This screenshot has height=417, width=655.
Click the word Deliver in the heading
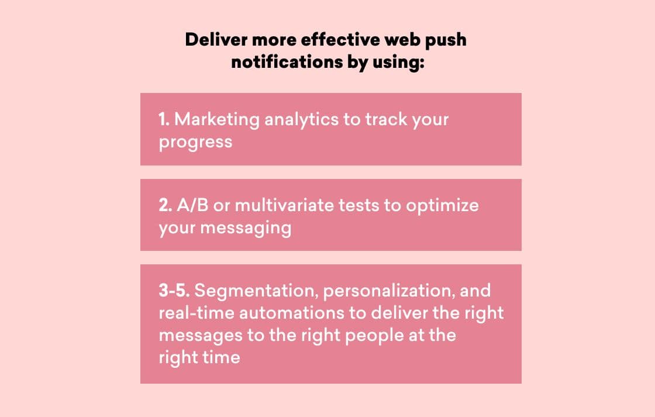(216, 40)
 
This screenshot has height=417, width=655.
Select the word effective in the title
(340, 40)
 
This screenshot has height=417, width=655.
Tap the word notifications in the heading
(287, 62)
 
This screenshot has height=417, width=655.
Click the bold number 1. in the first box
(164, 119)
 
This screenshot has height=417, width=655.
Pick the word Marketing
(217, 120)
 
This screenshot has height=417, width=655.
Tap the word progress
(195, 143)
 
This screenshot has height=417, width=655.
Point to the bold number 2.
(166, 205)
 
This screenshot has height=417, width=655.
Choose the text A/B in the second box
(192, 205)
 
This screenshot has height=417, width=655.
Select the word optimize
(442, 206)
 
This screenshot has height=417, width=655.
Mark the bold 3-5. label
(174, 291)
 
